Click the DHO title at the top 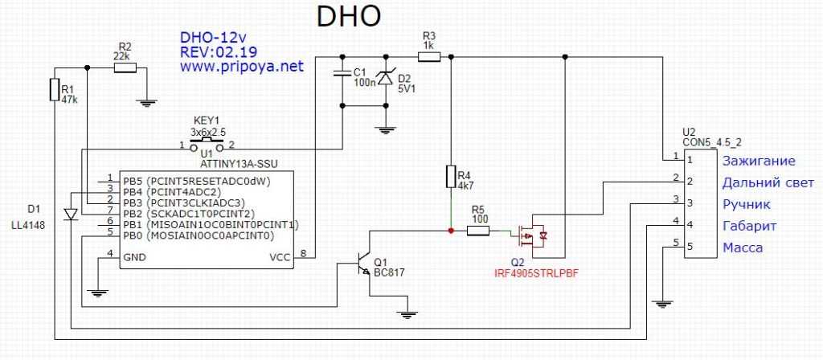pos(346,17)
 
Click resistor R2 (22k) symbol pos(125,67)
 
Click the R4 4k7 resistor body pos(450,177)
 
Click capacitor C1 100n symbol pos(343,75)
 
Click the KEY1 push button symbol pos(206,142)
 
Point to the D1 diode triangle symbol pos(70,215)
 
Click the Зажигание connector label pos(759,161)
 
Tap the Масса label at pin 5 pos(743,247)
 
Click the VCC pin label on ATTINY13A pos(281,257)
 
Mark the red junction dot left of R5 pos(450,231)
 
